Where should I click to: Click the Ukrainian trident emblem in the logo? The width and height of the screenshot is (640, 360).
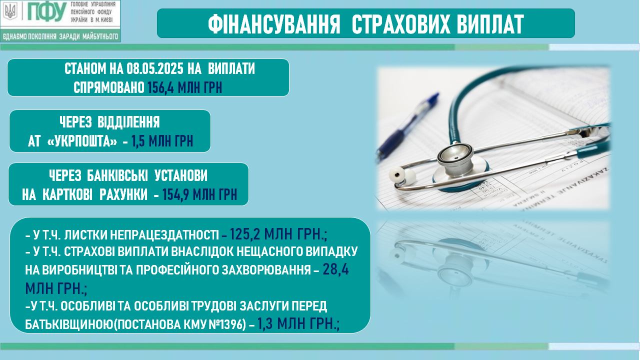(10, 11)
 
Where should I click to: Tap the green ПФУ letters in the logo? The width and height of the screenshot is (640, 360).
(47, 12)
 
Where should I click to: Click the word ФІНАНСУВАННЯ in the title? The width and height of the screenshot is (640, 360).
(274, 24)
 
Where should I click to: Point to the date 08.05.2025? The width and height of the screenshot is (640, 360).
(155, 69)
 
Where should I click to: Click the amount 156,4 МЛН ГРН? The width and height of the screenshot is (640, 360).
(185, 87)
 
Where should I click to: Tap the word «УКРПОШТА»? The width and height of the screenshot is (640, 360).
(81, 141)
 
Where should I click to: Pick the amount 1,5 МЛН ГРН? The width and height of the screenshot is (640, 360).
(162, 141)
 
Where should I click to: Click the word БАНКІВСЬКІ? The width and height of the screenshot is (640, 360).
(117, 175)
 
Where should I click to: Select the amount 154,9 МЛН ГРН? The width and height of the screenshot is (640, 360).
(199, 194)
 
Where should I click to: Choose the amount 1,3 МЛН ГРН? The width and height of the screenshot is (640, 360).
(298, 323)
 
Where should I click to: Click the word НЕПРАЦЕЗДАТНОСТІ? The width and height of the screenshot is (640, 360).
(164, 235)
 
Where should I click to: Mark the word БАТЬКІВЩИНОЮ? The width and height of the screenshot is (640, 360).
(69, 324)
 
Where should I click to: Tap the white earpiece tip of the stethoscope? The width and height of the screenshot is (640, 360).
(397, 173)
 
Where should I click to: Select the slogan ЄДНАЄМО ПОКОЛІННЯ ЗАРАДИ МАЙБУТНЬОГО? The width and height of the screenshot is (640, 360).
(60, 36)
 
